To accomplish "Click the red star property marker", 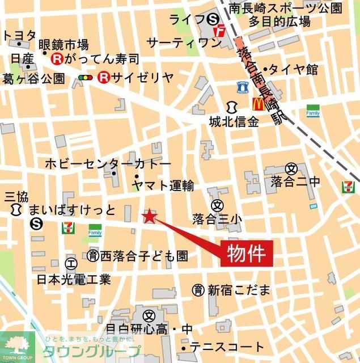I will tap(149, 216).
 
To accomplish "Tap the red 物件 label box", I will tap(247, 252).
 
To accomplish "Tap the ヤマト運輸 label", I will tap(163, 185).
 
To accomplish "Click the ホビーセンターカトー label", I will tap(108, 164).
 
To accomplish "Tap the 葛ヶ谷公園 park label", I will tap(34, 78).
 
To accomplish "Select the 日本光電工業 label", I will tap(74, 279).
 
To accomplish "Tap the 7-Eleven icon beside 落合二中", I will tap(349, 187).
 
